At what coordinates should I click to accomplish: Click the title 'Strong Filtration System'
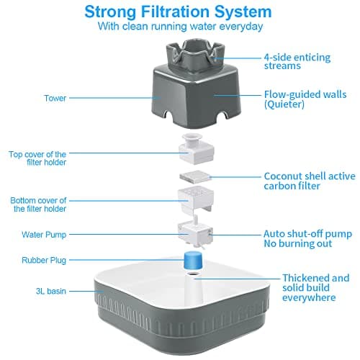click(179, 12)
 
